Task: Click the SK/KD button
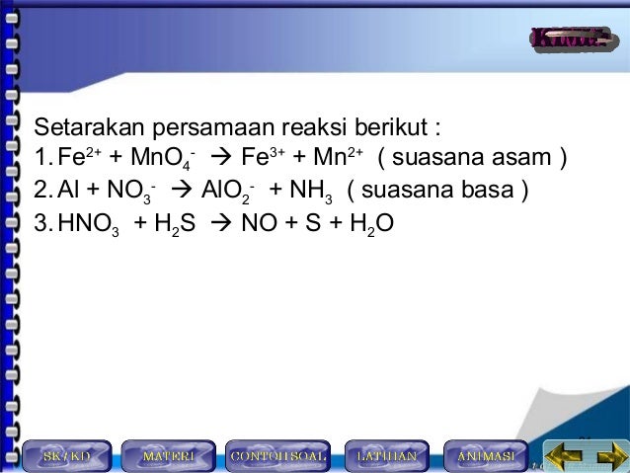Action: (x=66, y=456)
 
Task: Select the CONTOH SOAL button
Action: (x=277, y=456)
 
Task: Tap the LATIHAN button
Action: (x=387, y=456)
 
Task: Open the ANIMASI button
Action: (x=486, y=456)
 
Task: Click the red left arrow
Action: (x=564, y=456)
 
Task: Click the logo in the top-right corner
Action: (x=567, y=39)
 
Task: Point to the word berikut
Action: (x=398, y=129)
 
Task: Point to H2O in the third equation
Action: (x=370, y=224)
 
